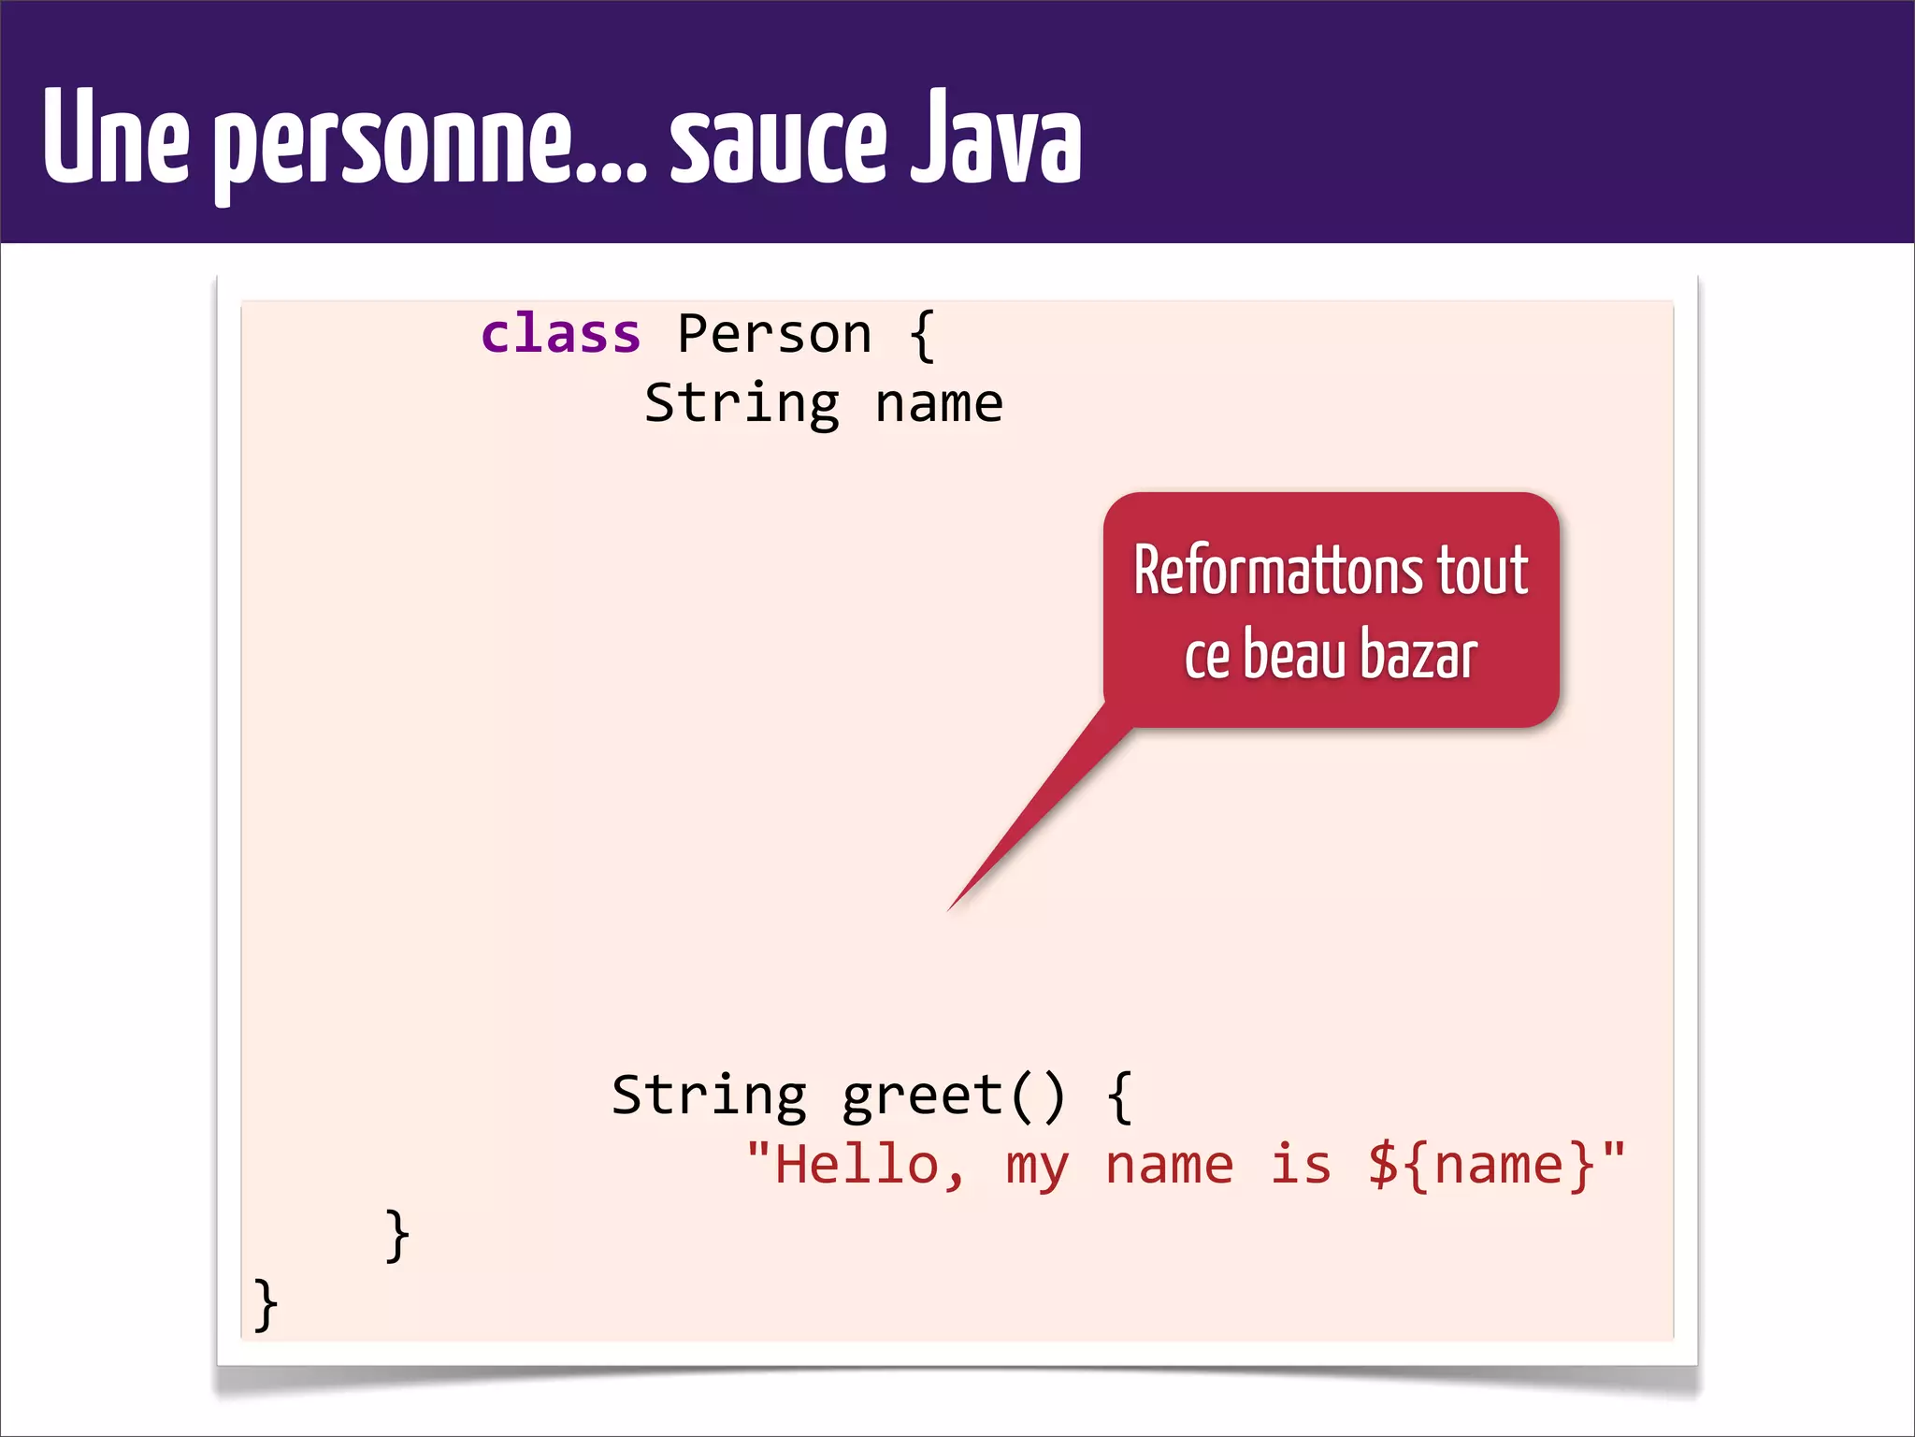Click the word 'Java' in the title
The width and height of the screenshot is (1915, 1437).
pyautogui.click(x=997, y=138)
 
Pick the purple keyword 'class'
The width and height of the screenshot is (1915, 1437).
pyautogui.click(x=560, y=335)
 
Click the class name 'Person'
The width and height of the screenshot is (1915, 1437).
pyautogui.click(x=774, y=335)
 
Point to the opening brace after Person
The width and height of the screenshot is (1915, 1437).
pyautogui.click(x=922, y=335)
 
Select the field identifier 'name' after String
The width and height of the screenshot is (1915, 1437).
pyautogui.click(x=939, y=404)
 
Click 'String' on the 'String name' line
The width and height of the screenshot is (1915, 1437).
pyautogui.click(x=742, y=404)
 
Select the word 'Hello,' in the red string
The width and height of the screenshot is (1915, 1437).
pyautogui.click(x=870, y=1166)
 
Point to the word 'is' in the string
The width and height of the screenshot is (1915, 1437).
pyautogui.click(x=1300, y=1166)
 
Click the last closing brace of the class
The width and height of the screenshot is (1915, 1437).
pyautogui.click(x=266, y=1303)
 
